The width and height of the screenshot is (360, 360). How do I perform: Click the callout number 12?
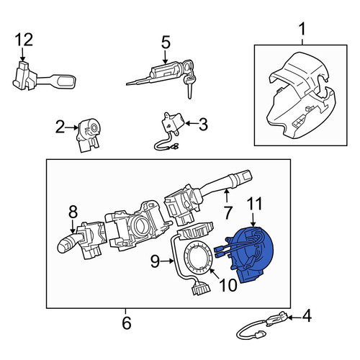[x=24, y=40]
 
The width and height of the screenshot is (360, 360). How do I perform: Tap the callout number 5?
[x=166, y=42]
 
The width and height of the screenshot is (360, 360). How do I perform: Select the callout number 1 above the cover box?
[x=302, y=30]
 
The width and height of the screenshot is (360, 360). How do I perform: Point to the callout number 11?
[x=254, y=204]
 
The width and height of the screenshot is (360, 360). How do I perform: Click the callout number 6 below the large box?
[x=127, y=323]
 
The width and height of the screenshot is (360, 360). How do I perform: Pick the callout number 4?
[x=306, y=316]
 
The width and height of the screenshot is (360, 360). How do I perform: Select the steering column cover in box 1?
[x=301, y=96]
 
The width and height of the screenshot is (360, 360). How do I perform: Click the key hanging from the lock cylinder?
[x=189, y=84]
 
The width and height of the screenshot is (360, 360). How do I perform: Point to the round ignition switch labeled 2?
[x=89, y=135]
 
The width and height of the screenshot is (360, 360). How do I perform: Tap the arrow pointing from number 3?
[x=192, y=123]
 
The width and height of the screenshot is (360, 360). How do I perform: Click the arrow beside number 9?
[x=167, y=261]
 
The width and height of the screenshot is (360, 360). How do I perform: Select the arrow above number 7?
[x=226, y=195]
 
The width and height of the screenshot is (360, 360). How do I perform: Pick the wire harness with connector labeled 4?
[x=264, y=326]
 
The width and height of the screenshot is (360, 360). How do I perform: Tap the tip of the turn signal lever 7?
[x=246, y=176]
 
